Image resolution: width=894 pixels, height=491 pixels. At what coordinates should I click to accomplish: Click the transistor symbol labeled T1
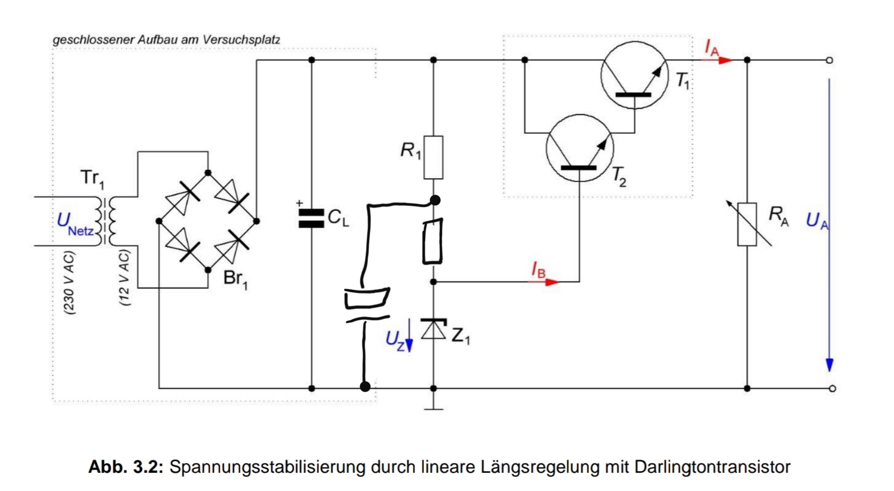point(635,75)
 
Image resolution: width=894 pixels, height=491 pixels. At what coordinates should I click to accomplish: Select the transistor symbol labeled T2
point(580,148)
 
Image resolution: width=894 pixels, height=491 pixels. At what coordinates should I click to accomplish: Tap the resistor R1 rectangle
point(433,157)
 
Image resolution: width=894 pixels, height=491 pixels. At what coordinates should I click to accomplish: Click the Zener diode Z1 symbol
point(433,329)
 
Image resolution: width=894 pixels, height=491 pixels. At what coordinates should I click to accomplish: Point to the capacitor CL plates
point(311,218)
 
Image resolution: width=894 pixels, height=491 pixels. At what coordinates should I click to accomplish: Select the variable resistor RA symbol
point(748,224)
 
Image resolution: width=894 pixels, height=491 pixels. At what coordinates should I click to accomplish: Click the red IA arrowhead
point(725,60)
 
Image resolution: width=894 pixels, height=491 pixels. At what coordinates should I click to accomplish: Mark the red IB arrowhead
point(552,282)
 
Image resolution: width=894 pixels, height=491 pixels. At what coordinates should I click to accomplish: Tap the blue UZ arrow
point(409,335)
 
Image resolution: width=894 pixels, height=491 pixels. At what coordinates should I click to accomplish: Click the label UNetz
point(75,223)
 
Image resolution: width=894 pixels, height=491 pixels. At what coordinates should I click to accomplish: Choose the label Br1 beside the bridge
point(235,279)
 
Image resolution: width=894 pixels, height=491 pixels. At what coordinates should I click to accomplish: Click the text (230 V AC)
point(69,283)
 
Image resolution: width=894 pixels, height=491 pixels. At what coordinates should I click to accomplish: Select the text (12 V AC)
point(124,278)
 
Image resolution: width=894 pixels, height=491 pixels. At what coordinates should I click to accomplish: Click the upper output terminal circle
point(829,60)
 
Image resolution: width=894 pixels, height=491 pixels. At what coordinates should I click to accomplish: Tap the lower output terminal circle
point(832,388)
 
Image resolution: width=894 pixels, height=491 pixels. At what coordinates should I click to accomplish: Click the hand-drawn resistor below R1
point(433,241)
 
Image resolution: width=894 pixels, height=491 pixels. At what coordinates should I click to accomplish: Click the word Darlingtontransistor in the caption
point(712,467)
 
